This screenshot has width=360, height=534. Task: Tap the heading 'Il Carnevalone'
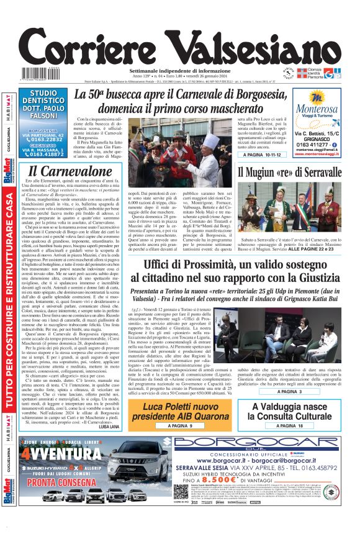tap(70, 171)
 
